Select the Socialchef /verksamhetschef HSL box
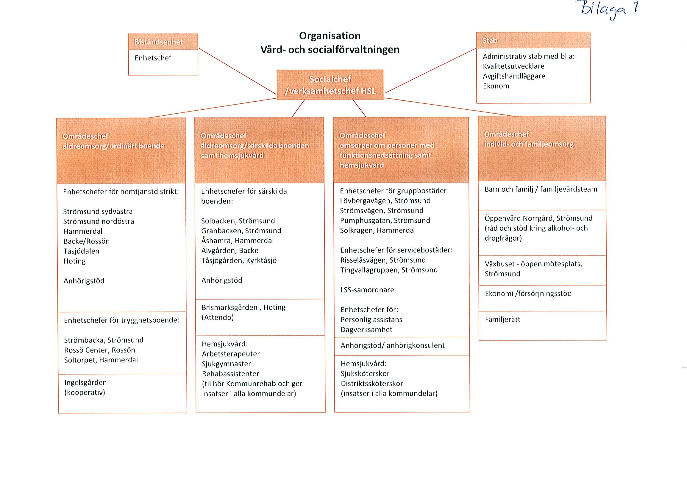pos(330,85)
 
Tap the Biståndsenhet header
pos(163,42)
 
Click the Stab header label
pos(490,41)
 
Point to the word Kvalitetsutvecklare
pos(513,66)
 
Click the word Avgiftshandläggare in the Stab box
pos(514,76)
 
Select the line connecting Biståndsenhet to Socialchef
pos(237,71)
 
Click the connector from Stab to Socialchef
pos(431,70)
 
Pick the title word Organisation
pos(330,36)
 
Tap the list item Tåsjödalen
pos(81,251)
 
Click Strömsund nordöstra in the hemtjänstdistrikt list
pos(99,221)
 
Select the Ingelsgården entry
pos(85,382)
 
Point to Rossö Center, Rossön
pos(100,350)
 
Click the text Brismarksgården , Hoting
pos(243,308)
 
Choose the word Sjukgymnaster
pos(227,364)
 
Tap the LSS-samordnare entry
pos(367,290)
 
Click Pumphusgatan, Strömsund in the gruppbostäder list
pos(385,221)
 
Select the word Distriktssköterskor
pos(372,384)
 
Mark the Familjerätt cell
pos(543,326)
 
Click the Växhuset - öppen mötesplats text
pos(533,264)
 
